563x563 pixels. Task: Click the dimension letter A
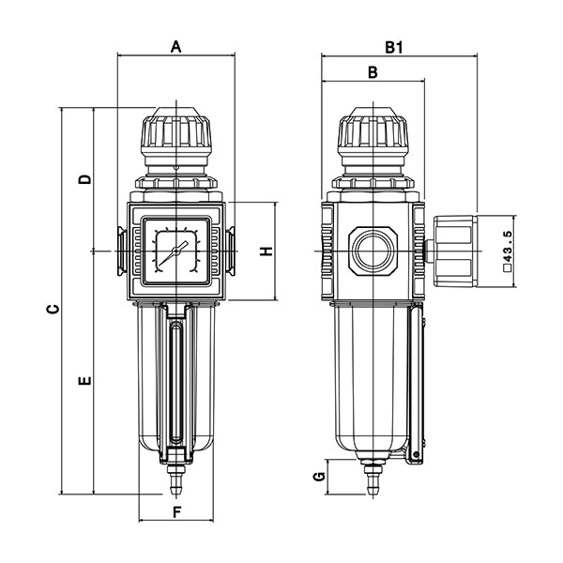tap(175, 45)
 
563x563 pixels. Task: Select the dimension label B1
tap(393, 45)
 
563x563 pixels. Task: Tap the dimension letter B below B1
tap(372, 71)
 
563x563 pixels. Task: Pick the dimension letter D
tap(85, 178)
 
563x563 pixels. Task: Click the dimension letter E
tap(85, 381)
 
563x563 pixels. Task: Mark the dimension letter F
tap(176, 512)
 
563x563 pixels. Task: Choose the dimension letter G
tap(320, 477)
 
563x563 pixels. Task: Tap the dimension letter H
tap(266, 251)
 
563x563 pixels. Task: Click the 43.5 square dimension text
tap(508, 251)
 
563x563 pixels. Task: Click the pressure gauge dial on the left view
tap(175, 251)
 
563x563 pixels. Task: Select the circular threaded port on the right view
tap(372, 251)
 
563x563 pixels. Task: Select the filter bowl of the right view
tap(372, 375)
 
